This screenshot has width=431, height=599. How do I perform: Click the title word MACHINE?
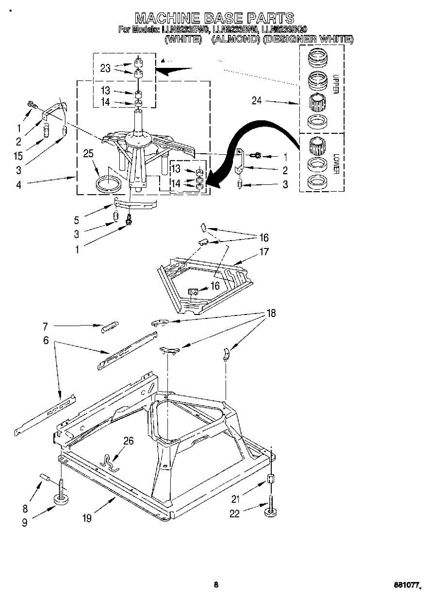tap(166, 18)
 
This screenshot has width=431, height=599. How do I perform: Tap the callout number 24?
tap(256, 101)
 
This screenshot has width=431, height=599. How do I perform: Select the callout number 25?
tap(88, 154)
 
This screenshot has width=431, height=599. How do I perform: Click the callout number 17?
tap(264, 252)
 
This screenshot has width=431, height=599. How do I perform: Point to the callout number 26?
tap(129, 441)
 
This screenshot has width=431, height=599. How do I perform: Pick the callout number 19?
tap(87, 519)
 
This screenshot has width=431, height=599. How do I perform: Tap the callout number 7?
tap(45, 327)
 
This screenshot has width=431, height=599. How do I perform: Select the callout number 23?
tap(105, 68)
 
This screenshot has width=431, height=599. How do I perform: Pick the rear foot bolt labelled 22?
tap(271, 507)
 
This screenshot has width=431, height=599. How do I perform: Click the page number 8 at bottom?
tap(215, 585)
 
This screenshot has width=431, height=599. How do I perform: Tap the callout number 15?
tap(18, 156)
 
